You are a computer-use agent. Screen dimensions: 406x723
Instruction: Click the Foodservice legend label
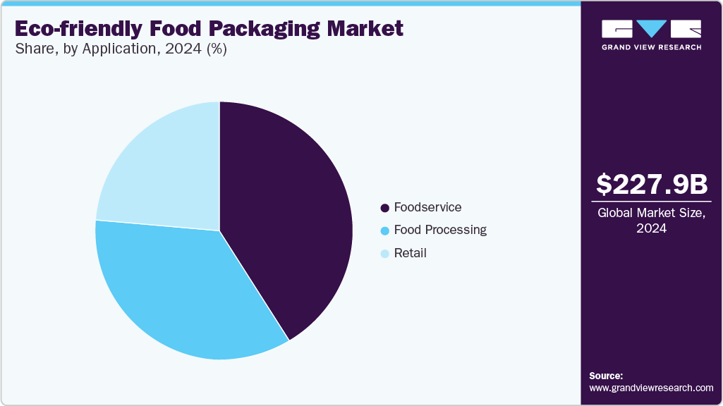427,207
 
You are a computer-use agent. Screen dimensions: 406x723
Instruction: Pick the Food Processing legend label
440,230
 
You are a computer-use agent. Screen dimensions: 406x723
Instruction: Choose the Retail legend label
410,252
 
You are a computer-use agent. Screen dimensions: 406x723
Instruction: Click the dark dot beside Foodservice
384,208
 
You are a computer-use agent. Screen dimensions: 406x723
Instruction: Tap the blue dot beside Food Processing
384,230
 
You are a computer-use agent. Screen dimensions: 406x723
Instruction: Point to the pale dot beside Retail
384,253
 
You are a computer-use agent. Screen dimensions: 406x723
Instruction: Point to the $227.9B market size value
651,185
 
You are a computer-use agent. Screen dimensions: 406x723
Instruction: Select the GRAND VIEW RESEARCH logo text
651,47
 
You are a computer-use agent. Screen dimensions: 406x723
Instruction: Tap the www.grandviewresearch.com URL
651,388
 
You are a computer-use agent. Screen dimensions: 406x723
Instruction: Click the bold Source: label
606,376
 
